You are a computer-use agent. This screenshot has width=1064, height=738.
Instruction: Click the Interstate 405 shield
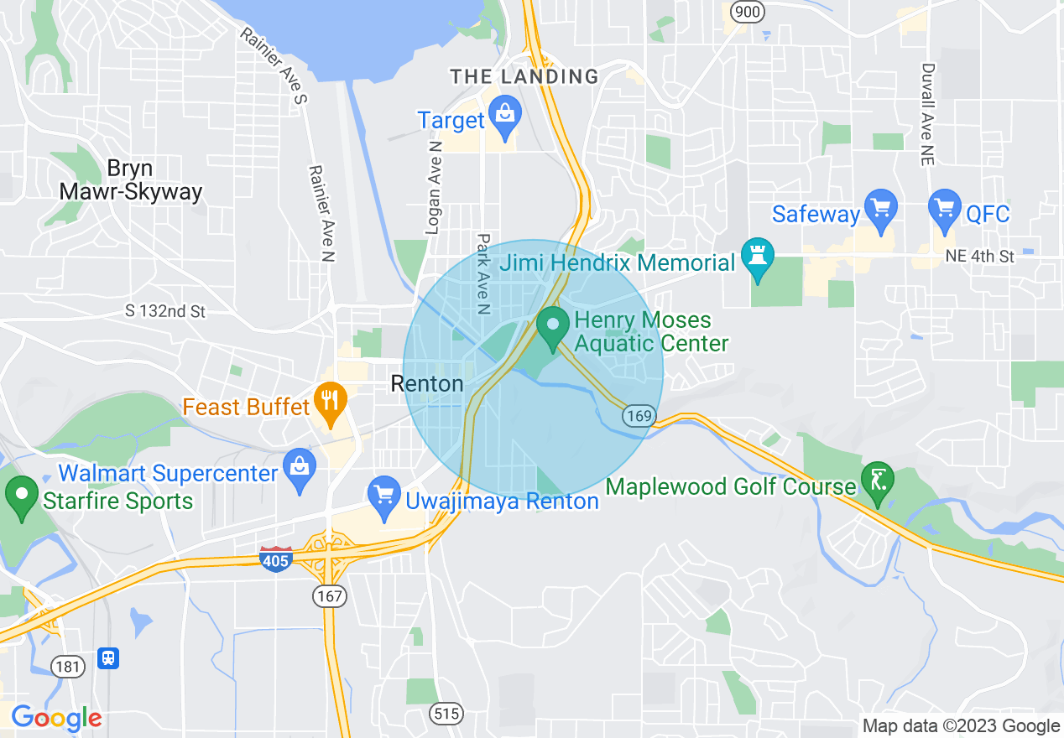click(x=276, y=559)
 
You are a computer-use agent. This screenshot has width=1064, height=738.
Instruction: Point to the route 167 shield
click(x=329, y=596)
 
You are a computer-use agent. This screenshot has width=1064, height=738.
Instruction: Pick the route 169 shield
click(x=639, y=415)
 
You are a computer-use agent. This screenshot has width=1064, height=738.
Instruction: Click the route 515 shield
click(x=446, y=714)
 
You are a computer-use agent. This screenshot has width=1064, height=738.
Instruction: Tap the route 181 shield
click(x=67, y=667)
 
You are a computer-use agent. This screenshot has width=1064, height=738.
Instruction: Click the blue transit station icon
click(x=108, y=657)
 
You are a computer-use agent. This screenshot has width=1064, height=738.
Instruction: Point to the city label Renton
click(x=427, y=384)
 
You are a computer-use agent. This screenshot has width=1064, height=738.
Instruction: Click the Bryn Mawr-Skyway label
click(x=130, y=179)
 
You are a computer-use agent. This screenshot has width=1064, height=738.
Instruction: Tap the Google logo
click(x=56, y=718)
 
